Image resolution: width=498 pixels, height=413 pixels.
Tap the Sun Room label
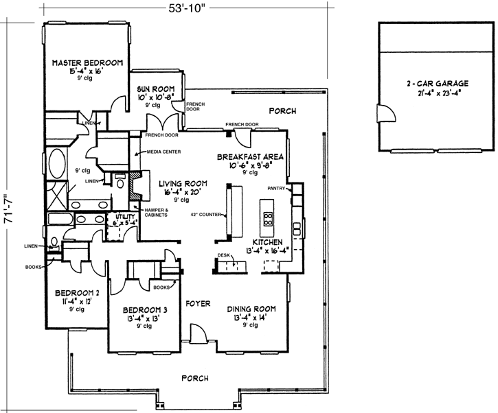(x=155, y=89)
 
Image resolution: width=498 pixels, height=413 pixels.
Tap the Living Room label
(x=183, y=184)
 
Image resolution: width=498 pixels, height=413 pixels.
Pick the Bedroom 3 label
(x=144, y=309)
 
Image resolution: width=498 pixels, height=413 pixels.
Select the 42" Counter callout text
(x=205, y=214)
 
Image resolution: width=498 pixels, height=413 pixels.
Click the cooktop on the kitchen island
(x=267, y=220)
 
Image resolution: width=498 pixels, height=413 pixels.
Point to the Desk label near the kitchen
(x=223, y=254)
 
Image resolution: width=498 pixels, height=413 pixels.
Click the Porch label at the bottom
(x=194, y=378)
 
